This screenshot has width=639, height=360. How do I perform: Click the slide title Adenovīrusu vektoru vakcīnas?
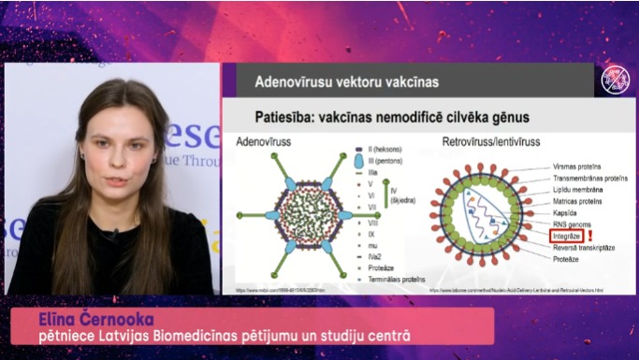[346, 81]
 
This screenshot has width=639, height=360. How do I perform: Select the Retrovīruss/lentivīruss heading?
[500, 143]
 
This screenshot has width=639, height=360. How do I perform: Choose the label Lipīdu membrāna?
[577, 189]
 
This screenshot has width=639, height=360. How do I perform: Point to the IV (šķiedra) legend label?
[397, 198]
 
